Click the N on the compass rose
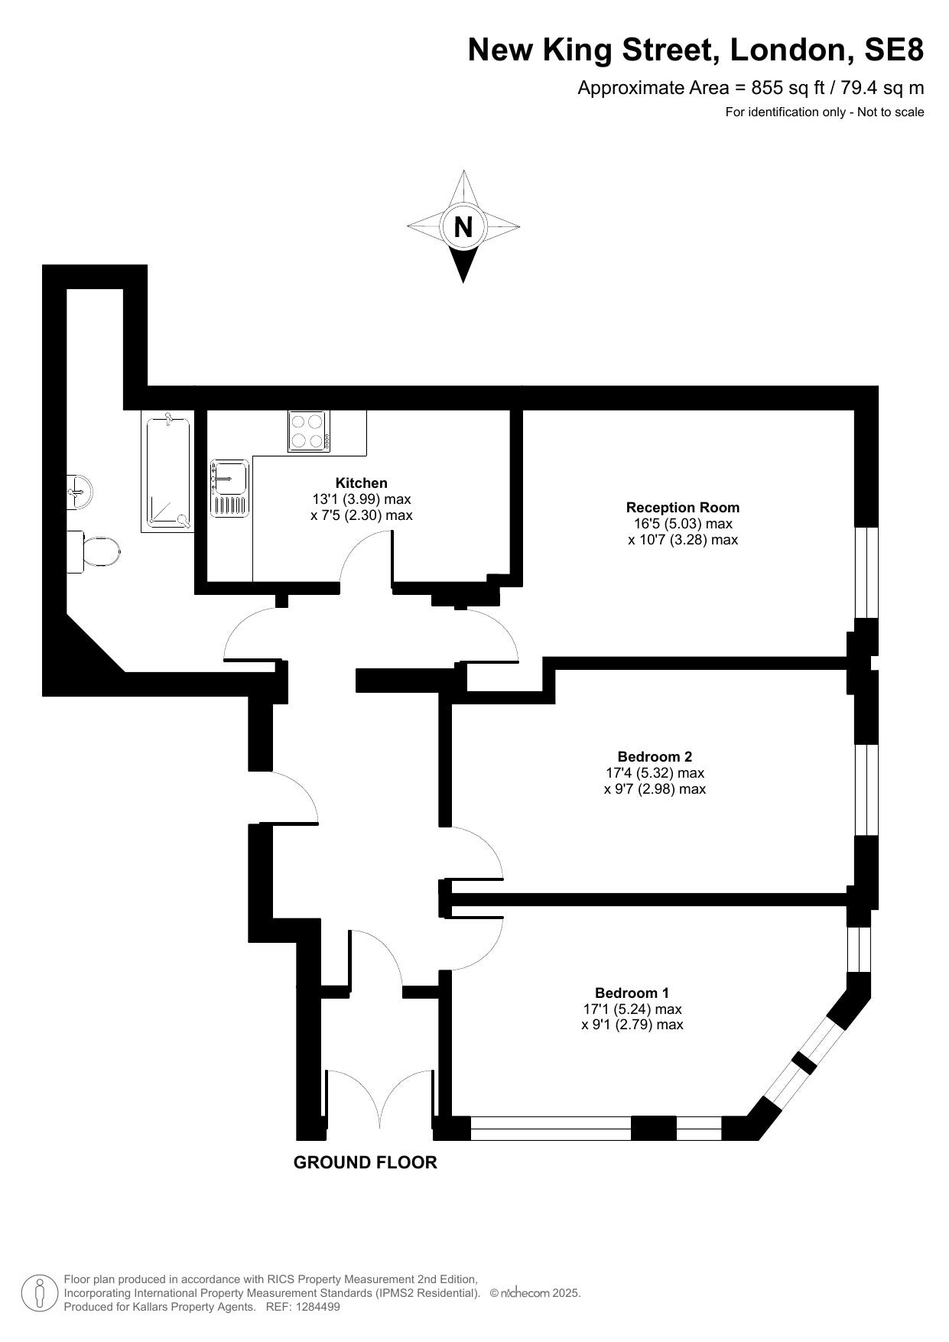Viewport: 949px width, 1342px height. [463, 227]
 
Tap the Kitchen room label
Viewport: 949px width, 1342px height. [362, 483]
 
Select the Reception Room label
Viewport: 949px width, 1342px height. [683, 507]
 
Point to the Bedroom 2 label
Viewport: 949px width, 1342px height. [655, 756]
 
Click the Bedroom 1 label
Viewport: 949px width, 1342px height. [632, 993]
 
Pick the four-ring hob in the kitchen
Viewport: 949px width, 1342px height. [309, 431]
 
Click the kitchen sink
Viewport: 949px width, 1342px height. [229, 488]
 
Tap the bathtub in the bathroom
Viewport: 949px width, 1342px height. [167, 471]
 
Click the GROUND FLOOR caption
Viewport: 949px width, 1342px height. [366, 1162]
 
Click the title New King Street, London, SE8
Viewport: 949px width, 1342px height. [696, 50]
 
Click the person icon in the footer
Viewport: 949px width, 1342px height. [41, 1292]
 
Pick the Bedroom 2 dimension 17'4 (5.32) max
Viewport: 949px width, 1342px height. [655, 772]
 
